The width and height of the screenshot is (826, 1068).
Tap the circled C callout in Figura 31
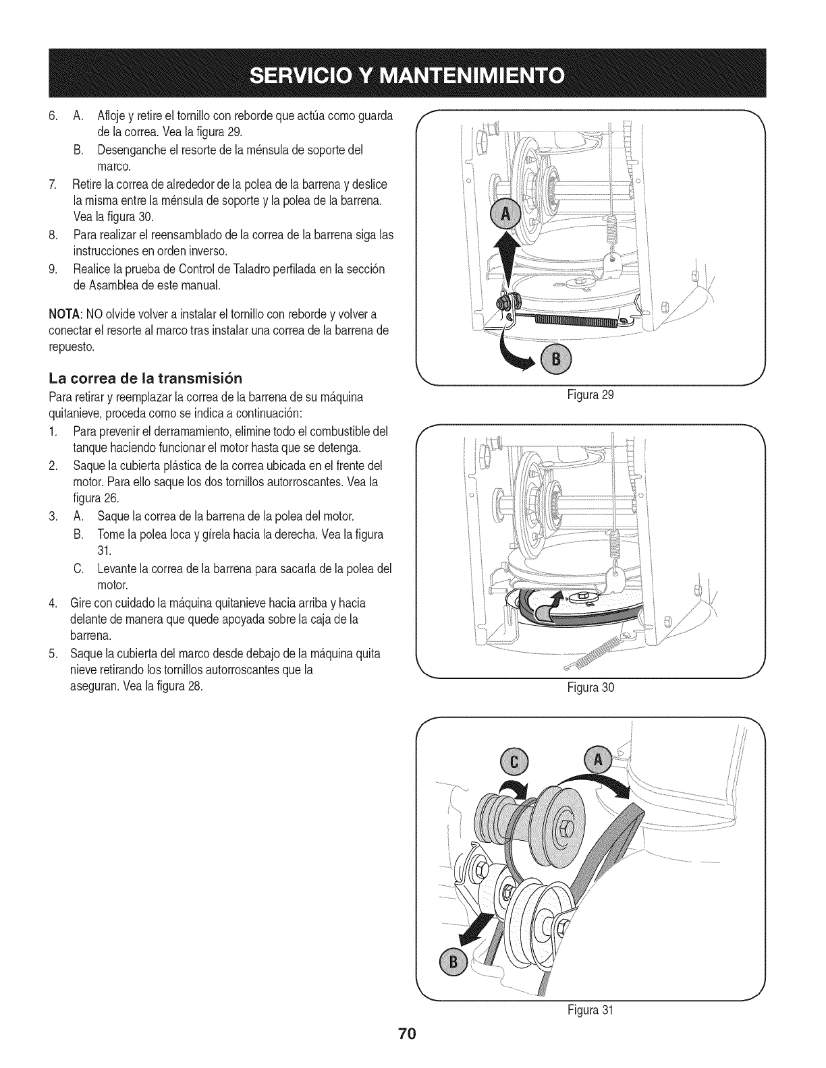(515, 762)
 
